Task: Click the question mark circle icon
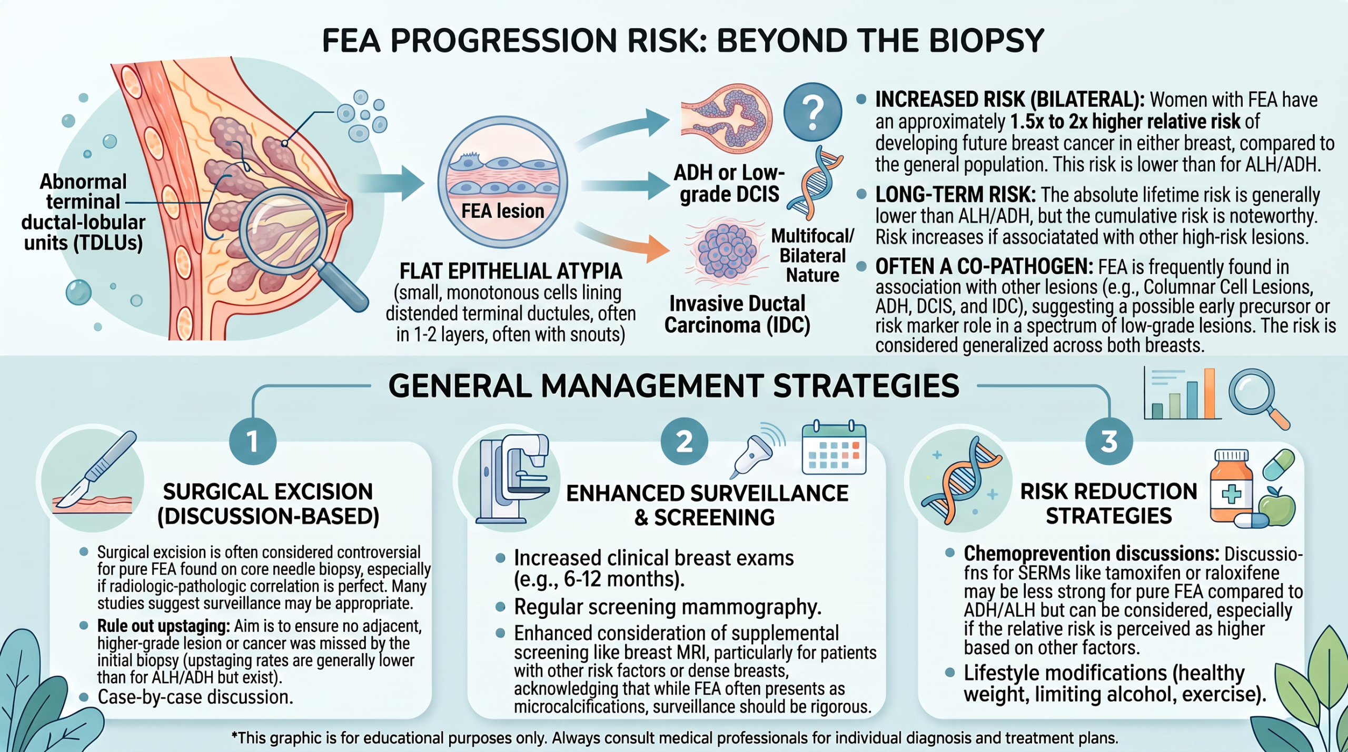click(812, 112)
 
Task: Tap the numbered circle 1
click(253, 441)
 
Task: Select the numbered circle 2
click(684, 441)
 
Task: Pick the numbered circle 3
click(1109, 441)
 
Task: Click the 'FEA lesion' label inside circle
click(502, 211)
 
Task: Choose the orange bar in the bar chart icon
click(1210, 393)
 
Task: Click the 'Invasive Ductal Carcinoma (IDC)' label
click(737, 314)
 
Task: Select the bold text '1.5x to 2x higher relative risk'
click(1125, 122)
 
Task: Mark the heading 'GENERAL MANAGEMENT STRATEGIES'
click(673, 386)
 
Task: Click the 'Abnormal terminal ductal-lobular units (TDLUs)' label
click(83, 212)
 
